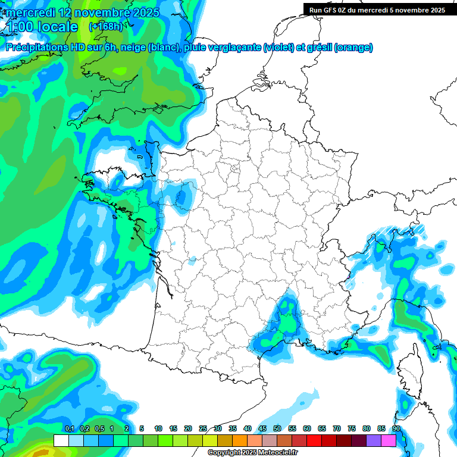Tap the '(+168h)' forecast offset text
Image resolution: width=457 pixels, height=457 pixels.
(x=105, y=26)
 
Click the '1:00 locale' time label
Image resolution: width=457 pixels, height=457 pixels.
(x=42, y=27)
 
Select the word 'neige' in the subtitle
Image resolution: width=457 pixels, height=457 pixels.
(x=133, y=48)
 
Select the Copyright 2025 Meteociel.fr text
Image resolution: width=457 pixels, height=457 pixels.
(x=252, y=453)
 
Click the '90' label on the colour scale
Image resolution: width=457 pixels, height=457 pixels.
(x=396, y=428)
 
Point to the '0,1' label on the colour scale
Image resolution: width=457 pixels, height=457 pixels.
(x=69, y=428)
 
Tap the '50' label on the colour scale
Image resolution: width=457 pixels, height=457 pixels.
(x=277, y=428)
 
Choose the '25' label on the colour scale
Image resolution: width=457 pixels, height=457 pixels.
(x=203, y=428)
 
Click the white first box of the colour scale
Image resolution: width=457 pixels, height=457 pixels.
(x=61, y=440)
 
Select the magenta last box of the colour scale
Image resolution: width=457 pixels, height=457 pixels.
(x=389, y=440)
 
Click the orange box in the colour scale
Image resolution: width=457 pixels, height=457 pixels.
(x=240, y=440)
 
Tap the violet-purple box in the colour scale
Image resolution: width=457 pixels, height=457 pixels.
(x=374, y=440)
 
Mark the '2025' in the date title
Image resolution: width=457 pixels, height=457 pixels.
(x=142, y=12)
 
